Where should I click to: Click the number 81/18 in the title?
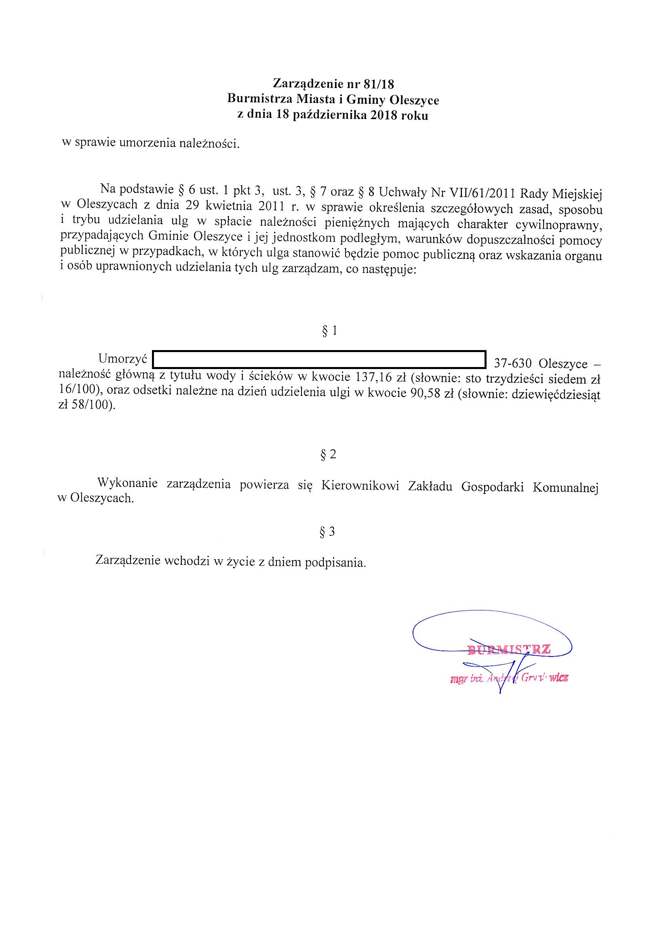pyautogui.click(x=379, y=84)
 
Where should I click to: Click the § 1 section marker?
pyautogui.click(x=329, y=331)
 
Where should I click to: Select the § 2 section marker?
pyautogui.click(x=329, y=454)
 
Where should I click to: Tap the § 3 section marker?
pyautogui.click(x=328, y=532)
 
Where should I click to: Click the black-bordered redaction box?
pyautogui.click(x=319, y=359)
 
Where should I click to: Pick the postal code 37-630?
pyautogui.click(x=513, y=364)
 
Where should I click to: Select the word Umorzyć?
pyautogui.click(x=123, y=359)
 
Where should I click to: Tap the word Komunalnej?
pyautogui.click(x=565, y=488)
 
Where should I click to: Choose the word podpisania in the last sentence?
pyautogui.click(x=335, y=562)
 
